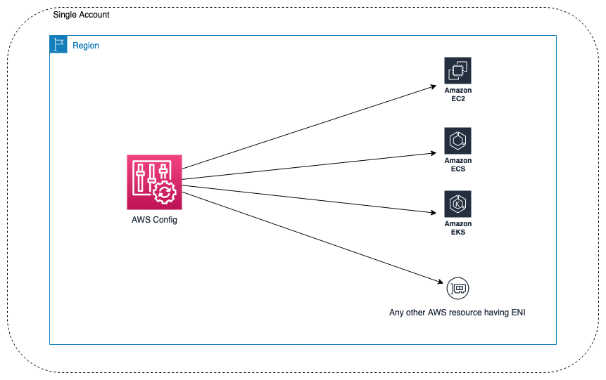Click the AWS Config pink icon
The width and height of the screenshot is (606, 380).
(x=154, y=182)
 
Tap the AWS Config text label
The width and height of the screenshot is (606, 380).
(x=154, y=220)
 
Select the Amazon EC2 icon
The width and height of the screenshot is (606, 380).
(x=457, y=71)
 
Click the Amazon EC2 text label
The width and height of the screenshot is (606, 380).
(x=457, y=95)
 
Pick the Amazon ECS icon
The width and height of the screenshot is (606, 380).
(x=457, y=141)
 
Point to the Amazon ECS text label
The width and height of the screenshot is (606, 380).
(x=457, y=165)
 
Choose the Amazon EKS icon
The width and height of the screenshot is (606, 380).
(x=457, y=204)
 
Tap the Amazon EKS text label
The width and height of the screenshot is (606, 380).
(x=457, y=228)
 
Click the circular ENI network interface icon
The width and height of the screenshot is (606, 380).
(x=457, y=288)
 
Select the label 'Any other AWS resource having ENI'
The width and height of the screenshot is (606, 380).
(x=457, y=313)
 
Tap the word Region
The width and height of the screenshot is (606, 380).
(x=86, y=46)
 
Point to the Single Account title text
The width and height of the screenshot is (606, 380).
(x=81, y=15)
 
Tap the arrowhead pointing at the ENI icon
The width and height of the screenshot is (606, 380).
(x=439, y=282)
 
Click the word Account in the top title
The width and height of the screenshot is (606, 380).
(x=94, y=15)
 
